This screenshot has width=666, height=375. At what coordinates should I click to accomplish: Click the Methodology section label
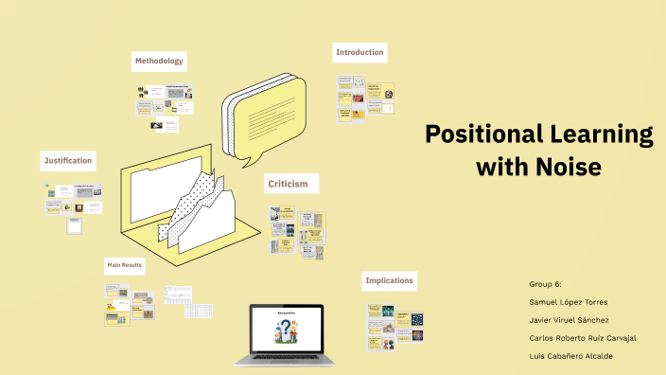[x=158, y=62]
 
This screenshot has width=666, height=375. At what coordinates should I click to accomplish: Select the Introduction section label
[x=359, y=52]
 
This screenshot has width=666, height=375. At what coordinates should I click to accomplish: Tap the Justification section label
[x=67, y=161]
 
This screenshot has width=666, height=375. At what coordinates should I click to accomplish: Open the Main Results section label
[x=124, y=265]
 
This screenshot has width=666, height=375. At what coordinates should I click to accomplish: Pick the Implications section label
[x=389, y=281]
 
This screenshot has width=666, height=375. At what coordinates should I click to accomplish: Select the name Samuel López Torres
[x=570, y=301]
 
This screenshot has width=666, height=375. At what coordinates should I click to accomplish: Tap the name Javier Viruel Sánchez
[x=570, y=319]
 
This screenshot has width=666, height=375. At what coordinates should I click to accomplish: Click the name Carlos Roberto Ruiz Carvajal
[x=584, y=337]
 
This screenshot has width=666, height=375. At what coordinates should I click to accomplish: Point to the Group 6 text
[x=547, y=283]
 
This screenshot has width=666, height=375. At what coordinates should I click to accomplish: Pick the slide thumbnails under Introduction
[x=365, y=98]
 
